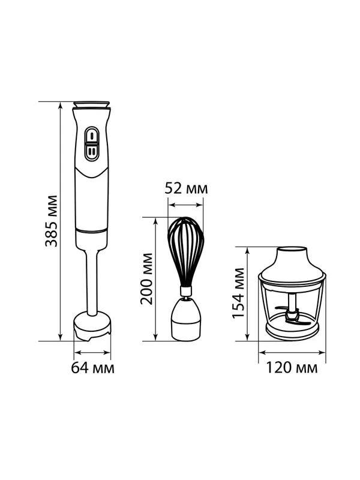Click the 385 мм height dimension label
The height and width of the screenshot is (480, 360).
click(51, 221)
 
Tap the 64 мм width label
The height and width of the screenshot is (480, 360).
click(93, 368)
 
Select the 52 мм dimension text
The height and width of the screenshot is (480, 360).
click(186, 188)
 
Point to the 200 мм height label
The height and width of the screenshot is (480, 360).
click(146, 278)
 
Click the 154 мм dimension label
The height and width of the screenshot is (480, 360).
click(238, 293)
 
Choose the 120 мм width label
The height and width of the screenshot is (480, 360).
click(292, 368)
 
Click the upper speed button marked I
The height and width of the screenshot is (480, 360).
click(92, 135)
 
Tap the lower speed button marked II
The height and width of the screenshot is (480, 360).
click(92, 151)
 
